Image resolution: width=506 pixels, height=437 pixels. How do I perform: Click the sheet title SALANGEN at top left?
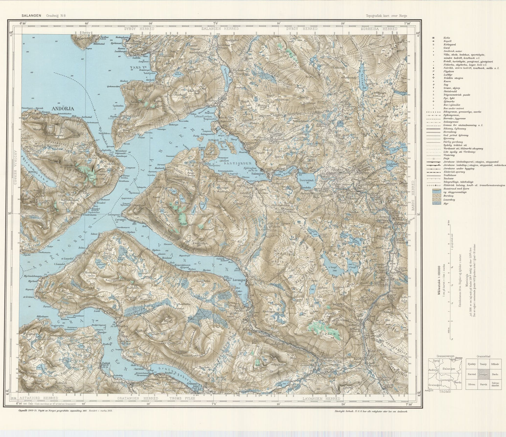(x=31, y=15)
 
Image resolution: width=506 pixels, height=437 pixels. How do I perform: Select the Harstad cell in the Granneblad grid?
(x=472, y=374)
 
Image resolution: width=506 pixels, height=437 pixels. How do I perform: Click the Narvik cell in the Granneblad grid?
(x=484, y=384)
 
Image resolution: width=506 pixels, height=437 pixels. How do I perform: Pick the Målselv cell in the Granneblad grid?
(x=495, y=364)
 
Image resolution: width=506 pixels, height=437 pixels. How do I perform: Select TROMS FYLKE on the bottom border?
(x=181, y=398)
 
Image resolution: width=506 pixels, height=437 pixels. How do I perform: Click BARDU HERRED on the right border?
(x=414, y=193)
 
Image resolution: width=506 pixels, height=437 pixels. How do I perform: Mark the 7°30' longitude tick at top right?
(x=407, y=23)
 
